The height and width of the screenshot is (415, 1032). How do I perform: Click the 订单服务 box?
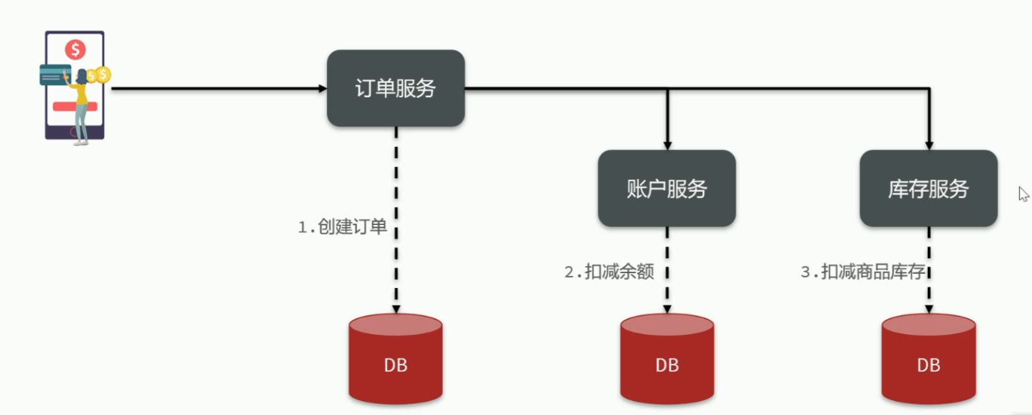395,88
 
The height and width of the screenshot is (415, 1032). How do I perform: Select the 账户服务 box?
666,189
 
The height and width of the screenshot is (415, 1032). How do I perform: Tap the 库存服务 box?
928,189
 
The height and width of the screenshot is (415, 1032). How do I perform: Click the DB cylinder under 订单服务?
395,359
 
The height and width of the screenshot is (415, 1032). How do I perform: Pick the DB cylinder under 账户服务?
666,359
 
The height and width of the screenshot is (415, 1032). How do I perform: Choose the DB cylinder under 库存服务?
928,359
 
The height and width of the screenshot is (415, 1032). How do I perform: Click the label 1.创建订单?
343,227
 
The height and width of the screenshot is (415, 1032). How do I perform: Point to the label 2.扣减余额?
609,272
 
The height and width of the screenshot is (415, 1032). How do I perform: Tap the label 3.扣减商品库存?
862,272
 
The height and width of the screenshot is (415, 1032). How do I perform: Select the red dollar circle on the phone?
75,50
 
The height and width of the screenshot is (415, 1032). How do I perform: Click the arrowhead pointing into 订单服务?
322,88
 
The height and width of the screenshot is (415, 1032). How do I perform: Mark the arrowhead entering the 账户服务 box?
667,145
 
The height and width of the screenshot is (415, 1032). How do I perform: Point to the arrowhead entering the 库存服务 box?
929,145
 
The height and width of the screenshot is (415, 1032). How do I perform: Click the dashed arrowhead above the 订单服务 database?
396,308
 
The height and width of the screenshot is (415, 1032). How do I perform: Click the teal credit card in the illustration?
54,75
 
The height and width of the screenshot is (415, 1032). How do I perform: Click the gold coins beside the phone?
99,75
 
